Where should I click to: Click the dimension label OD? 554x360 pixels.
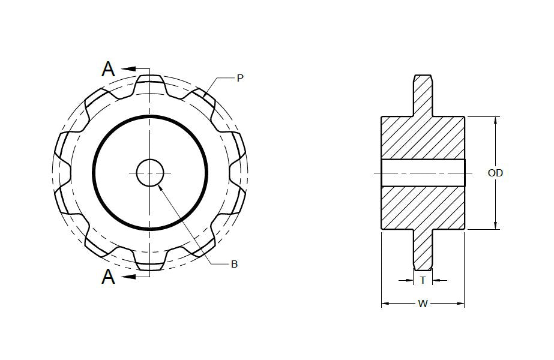[495, 173]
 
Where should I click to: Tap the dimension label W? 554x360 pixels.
[423, 304]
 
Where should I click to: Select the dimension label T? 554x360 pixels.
[423, 280]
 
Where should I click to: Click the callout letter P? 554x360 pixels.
[240, 78]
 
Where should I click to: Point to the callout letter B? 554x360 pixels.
[234, 264]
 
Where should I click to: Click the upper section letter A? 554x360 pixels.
[108, 70]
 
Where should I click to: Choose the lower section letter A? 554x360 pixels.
[108, 277]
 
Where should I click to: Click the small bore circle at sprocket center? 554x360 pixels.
[150, 173]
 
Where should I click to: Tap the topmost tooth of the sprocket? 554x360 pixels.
[150, 81]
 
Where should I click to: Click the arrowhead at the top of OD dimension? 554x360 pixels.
[495, 121]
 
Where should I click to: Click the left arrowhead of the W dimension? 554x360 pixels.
[385, 304]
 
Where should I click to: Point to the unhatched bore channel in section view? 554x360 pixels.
[423, 173]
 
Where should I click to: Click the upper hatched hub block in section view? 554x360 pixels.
[423, 138]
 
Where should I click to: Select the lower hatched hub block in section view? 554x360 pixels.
[423, 207]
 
